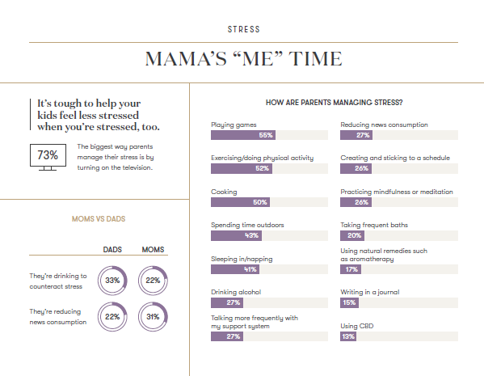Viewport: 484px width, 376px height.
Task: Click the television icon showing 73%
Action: [48, 157]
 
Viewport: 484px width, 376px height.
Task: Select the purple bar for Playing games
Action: [243, 135]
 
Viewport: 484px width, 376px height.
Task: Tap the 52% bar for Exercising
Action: [242, 168]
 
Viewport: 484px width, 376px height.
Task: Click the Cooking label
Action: [224, 192]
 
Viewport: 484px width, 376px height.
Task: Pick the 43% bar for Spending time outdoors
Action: [236, 235]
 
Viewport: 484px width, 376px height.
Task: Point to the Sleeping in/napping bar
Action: [235, 269]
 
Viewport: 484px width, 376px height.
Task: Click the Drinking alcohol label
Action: [236, 292]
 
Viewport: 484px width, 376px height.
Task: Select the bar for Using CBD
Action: [348, 336]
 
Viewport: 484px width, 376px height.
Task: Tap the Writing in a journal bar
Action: [349, 302]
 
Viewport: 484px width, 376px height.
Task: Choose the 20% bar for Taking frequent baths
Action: [352, 235]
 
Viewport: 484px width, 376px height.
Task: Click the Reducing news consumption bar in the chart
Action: [356, 135]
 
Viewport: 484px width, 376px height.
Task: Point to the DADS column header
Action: [112, 250]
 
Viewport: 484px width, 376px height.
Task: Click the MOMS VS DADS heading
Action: [99, 219]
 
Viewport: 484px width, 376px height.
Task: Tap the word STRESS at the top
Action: [244, 29]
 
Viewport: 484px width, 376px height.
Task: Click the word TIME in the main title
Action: [315, 59]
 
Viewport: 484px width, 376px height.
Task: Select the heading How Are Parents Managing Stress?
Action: [335, 103]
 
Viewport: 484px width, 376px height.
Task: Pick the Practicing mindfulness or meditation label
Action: [397, 192]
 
